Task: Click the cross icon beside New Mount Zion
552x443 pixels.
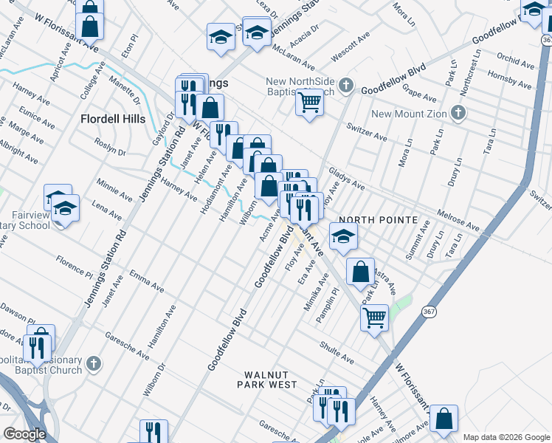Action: click(x=458, y=114)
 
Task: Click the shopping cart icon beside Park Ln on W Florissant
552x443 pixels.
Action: click(x=374, y=317)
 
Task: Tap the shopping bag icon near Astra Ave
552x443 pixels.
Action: click(x=359, y=271)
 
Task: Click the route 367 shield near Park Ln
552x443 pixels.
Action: click(x=429, y=312)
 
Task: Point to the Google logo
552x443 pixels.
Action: click(x=24, y=434)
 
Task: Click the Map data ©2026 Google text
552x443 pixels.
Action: click(x=506, y=437)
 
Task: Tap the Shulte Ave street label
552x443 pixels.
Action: click(x=337, y=353)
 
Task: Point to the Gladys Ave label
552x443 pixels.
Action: click(x=347, y=177)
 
